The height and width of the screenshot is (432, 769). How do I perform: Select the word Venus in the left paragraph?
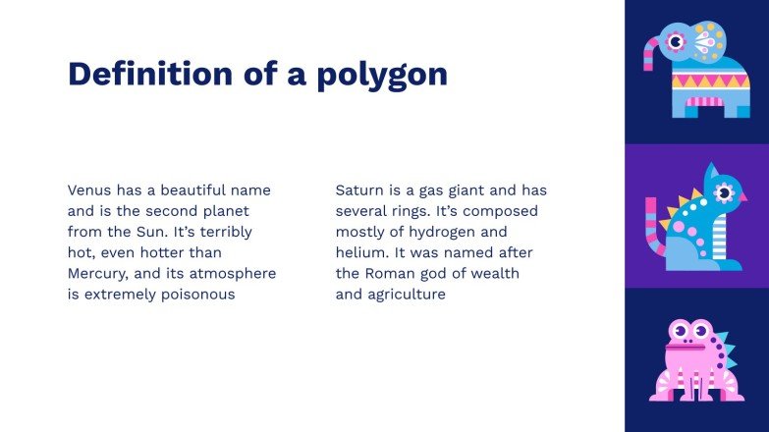click(x=89, y=189)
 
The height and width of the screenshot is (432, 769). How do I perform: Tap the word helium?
click(x=360, y=252)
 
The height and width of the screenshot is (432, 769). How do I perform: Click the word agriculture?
click(x=408, y=294)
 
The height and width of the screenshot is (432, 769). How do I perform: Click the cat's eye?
click(x=726, y=190)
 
